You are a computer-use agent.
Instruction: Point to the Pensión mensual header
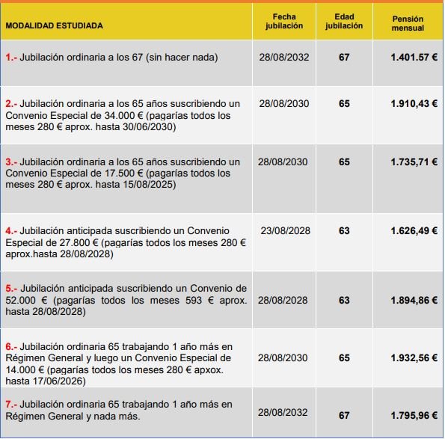pyautogui.click(x=408, y=23)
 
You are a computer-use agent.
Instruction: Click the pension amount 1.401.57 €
pyautogui.click(x=414, y=57)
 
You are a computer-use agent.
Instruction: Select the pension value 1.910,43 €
pyautogui.click(x=414, y=103)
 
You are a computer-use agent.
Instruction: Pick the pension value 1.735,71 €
pyautogui.click(x=414, y=162)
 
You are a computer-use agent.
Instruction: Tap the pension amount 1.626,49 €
pyautogui.click(x=414, y=231)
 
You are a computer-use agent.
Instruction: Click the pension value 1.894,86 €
pyautogui.click(x=414, y=300)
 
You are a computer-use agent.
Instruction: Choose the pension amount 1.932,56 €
pyautogui.click(x=414, y=358)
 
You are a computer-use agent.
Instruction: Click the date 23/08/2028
pyautogui.click(x=285, y=231)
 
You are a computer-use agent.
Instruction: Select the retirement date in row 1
pyautogui.click(x=283, y=57)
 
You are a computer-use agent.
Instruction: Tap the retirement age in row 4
pyautogui.click(x=344, y=231)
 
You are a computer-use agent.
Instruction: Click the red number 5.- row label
pyautogui.click(x=12, y=288)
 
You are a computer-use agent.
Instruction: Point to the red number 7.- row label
pyautogui.click(x=12, y=404)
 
